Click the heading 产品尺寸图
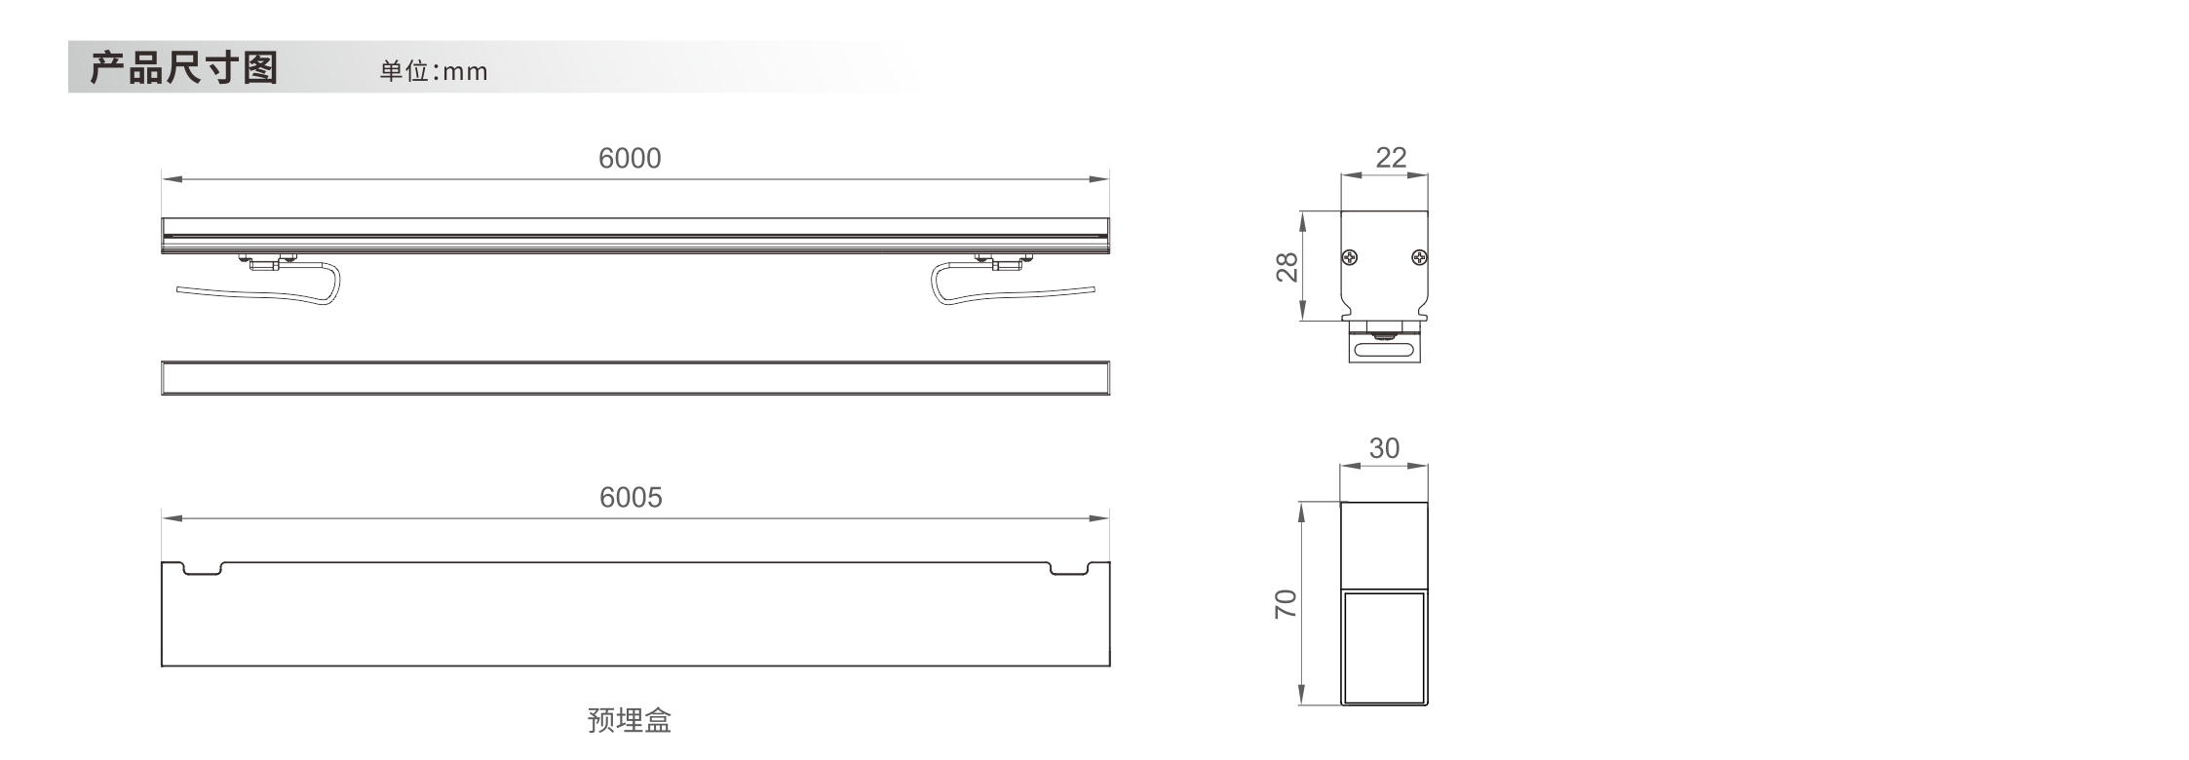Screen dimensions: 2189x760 (184, 67)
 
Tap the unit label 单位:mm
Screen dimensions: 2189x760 (434, 71)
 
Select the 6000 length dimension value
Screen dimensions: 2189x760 (630, 158)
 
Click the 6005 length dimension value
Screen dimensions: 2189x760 (631, 497)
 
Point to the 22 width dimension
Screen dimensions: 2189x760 (1391, 157)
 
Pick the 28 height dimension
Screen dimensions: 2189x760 (1287, 266)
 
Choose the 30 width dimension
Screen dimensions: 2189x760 (1384, 447)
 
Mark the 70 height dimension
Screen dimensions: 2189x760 (1286, 604)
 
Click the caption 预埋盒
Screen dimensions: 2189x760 (630, 720)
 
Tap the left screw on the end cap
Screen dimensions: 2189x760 (1350, 258)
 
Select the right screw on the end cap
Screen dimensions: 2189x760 (1419, 258)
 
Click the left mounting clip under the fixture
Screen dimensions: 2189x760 (266, 261)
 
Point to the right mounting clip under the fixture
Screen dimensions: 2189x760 (1003, 261)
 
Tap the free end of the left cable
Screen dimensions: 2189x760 (178, 289)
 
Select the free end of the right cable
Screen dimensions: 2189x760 (1093, 287)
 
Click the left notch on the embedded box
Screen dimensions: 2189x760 (203, 569)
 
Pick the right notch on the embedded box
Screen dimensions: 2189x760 (1068, 569)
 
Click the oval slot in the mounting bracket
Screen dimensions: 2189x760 (1384, 348)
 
